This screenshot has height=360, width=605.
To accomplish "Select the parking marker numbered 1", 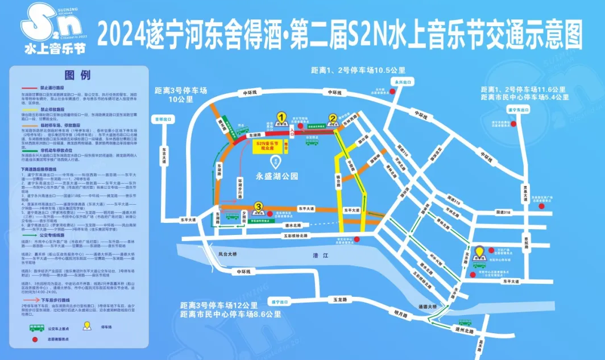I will tap(281, 118).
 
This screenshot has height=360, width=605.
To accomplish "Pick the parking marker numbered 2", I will tap(333, 119).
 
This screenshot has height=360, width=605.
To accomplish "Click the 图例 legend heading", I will tap(78, 75).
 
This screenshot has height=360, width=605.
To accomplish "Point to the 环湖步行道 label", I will tap(241, 187).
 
